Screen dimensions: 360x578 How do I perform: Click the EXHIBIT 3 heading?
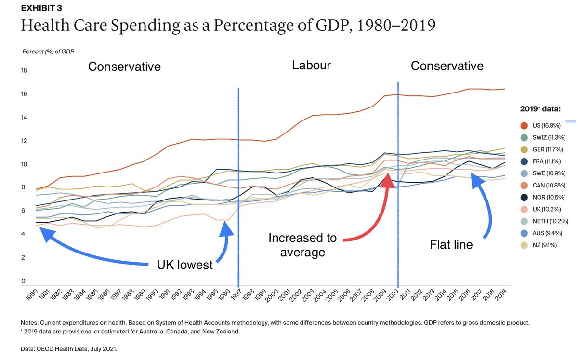click(x=41, y=8)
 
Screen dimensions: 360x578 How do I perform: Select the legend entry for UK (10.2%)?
click(x=543, y=210)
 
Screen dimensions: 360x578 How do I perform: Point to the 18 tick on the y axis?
click(x=24, y=71)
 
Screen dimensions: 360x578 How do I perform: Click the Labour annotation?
click(x=311, y=66)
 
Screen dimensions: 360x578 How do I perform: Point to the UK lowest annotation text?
click(x=184, y=265)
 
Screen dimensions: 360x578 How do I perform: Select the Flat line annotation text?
click(x=451, y=245)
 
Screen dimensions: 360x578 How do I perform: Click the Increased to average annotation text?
click(x=302, y=244)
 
